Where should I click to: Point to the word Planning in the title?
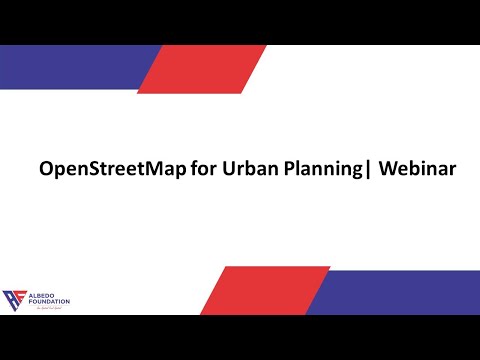coord(319,170)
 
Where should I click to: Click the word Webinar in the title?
coord(418,169)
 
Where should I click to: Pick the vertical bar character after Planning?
coord(367,170)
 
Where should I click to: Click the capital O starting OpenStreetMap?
coord(46,169)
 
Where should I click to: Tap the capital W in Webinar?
coord(389,169)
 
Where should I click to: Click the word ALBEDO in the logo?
coord(41,294)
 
